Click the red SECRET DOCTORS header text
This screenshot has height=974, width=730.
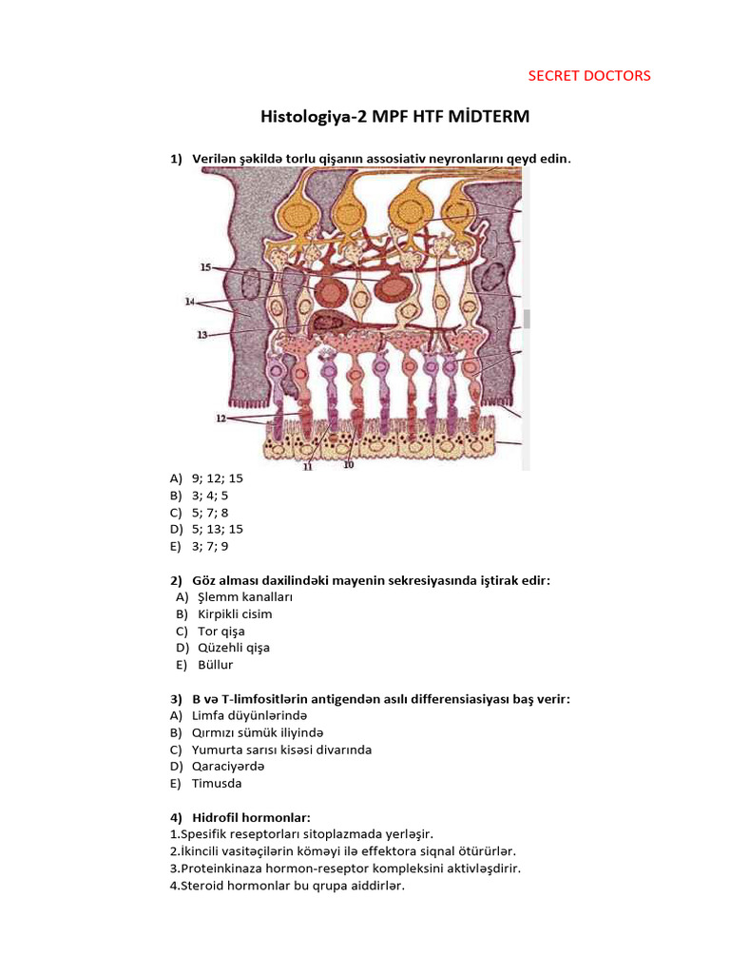(589, 76)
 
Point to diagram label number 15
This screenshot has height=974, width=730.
(207, 268)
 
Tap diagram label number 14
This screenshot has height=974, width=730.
(190, 302)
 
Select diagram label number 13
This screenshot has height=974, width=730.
(202, 335)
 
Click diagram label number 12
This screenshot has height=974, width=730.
(221, 419)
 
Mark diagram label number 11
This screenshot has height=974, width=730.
(308, 467)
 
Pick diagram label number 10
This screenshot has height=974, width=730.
(348, 465)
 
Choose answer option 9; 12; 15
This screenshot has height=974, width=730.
(217, 478)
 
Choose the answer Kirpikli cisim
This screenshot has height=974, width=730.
(235, 614)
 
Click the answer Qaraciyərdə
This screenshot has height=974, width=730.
(228, 767)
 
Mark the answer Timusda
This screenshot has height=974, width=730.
(217, 784)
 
